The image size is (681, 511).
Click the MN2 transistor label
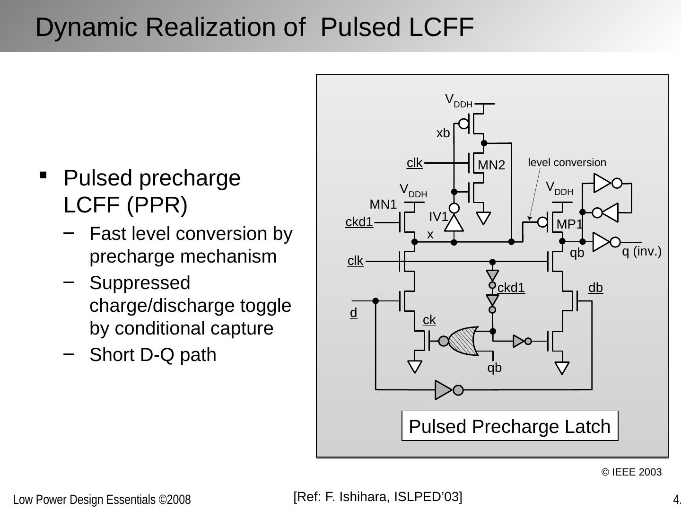pyautogui.click(x=491, y=165)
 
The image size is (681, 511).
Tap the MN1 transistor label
pyautogui.click(x=383, y=204)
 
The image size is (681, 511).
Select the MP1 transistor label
pyautogui.click(x=569, y=224)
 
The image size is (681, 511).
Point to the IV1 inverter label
pyautogui.click(x=438, y=217)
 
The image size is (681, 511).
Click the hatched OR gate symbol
pyautogui.click(x=463, y=341)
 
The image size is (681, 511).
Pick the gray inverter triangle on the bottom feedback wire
pyautogui.click(x=444, y=390)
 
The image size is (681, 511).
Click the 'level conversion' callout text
pyautogui.click(x=567, y=163)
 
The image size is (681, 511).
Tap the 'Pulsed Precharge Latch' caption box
pyautogui.click(x=509, y=426)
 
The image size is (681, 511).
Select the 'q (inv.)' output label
pyautogui.click(x=641, y=252)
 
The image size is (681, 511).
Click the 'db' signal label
pyautogui.click(x=595, y=288)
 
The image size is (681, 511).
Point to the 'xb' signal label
pyautogui.click(x=443, y=133)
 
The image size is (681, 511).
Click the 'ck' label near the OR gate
pyautogui.click(x=429, y=320)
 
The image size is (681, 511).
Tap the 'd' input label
pyautogui.click(x=353, y=313)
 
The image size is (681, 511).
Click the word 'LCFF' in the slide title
pyautogui.click(x=441, y=27)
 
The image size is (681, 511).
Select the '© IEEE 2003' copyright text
pyautogui.click(x=631, y=472)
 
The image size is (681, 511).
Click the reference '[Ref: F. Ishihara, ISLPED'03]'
pyautogui.click(x=377, y=497)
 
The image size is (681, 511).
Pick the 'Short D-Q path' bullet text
pyautogui.click(x=153, y=355)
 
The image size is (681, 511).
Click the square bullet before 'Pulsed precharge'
pyautogui.click(x=44, y=175)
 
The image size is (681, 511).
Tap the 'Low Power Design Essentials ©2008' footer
pyautogui.click(x=102, y=500)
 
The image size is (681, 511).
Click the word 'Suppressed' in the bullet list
pyautogui.click(x=140, y=283)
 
